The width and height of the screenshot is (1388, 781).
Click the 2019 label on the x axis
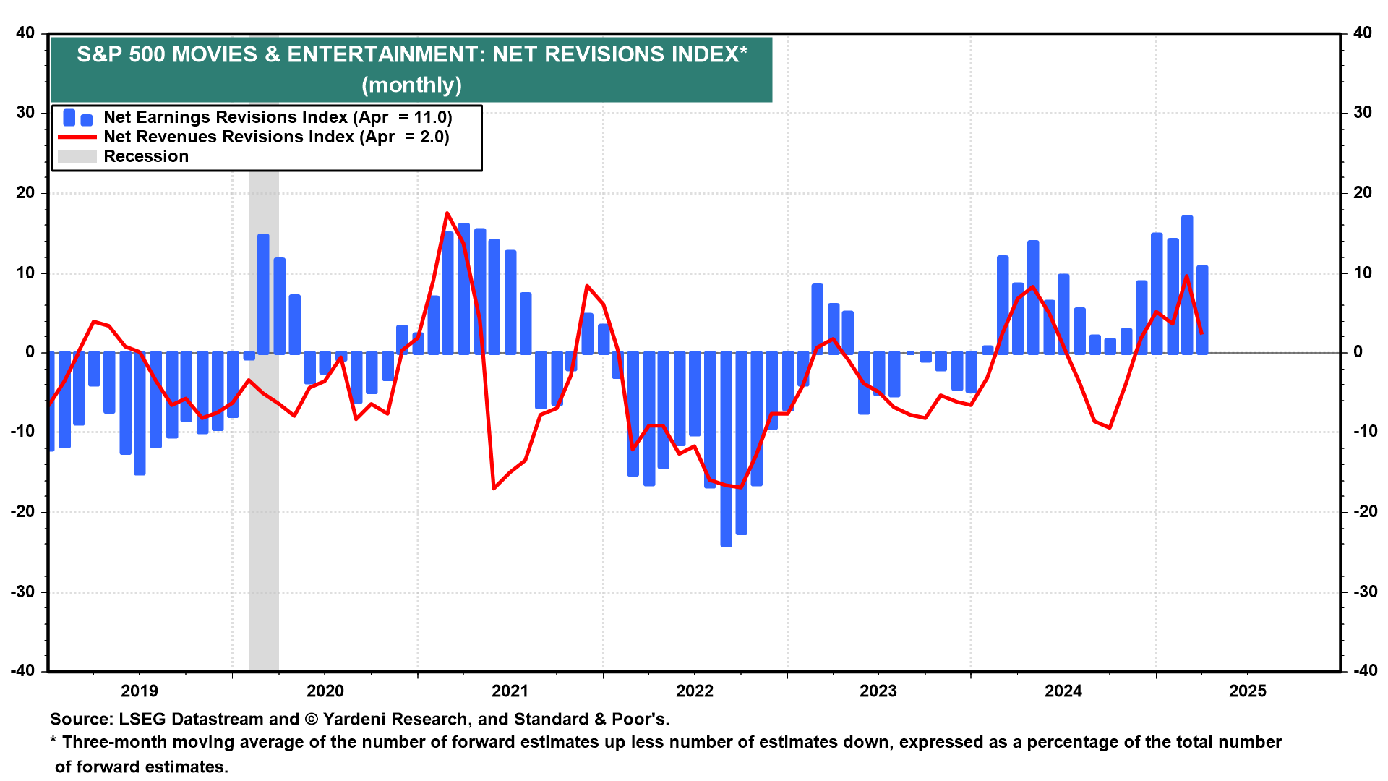139,691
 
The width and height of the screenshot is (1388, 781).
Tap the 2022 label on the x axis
694,691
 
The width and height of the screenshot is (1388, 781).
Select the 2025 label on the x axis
1247,691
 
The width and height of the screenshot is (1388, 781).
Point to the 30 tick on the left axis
25,112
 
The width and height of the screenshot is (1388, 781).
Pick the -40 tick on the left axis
22,670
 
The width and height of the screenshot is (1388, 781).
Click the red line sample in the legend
77,137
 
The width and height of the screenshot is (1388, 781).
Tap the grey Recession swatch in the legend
77,156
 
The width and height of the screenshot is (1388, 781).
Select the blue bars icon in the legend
77,118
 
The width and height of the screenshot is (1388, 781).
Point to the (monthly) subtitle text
411,85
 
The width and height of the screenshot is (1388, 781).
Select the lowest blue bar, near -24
726,448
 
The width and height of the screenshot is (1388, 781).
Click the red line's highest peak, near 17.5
447,213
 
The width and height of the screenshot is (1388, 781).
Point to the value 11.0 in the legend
432,118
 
